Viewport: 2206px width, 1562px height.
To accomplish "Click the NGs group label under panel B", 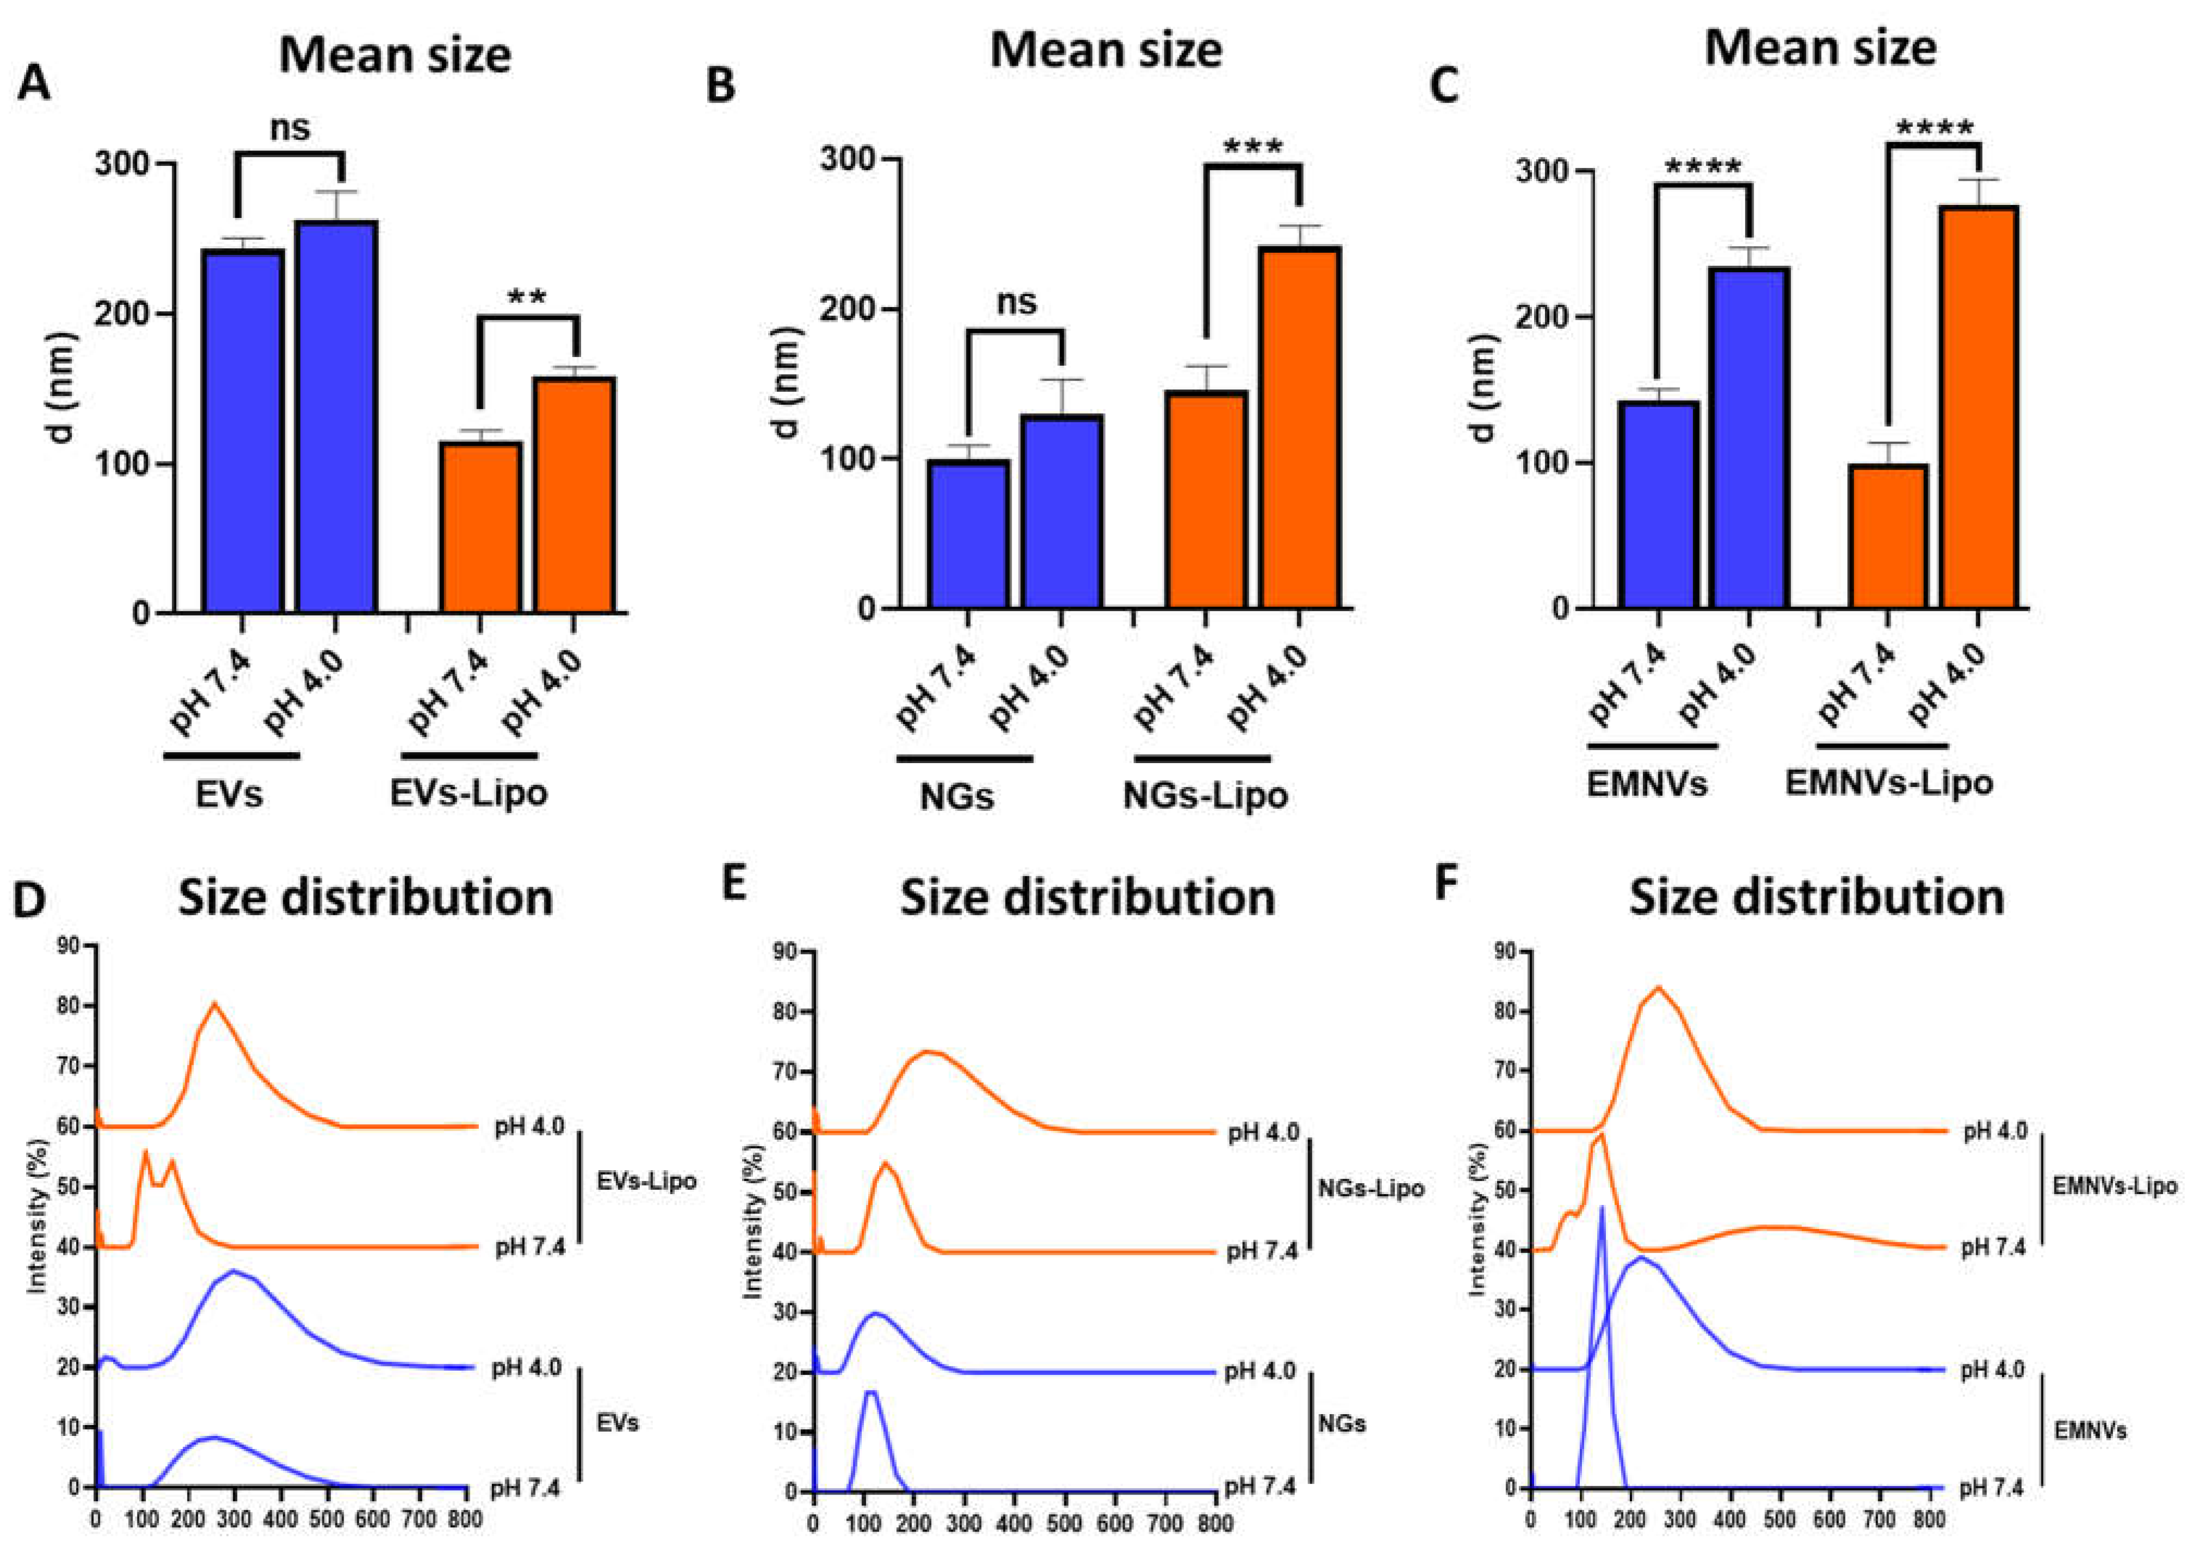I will click(x=956, y=796).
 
